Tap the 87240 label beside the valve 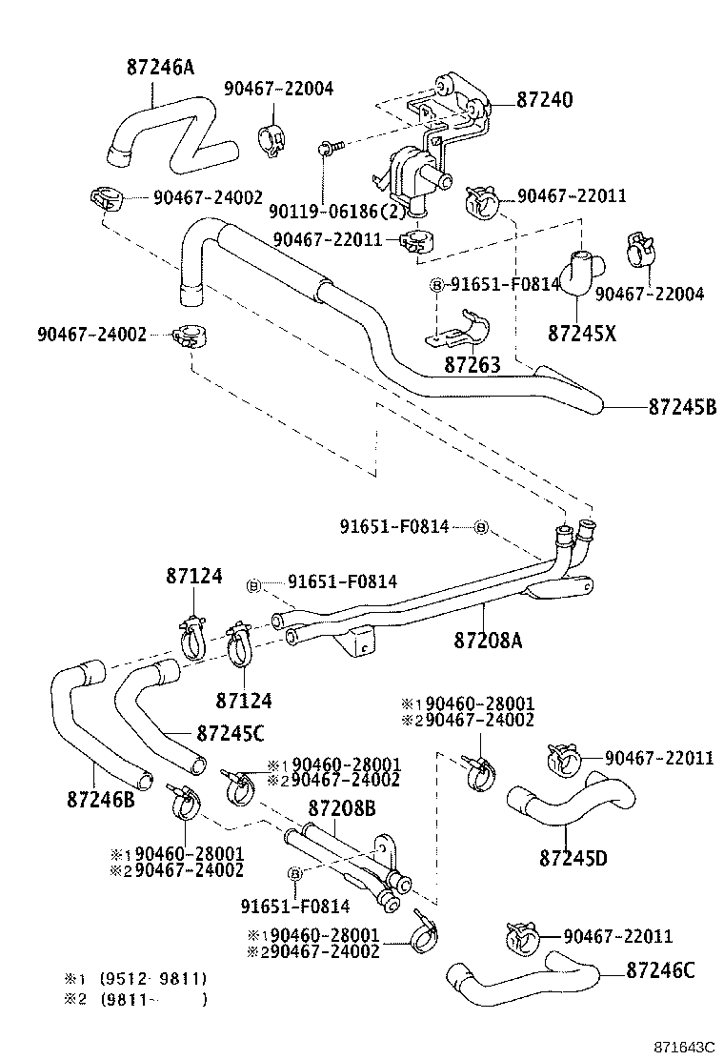545,99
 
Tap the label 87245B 682,408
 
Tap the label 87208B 342,809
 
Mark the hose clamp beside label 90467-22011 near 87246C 520,939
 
